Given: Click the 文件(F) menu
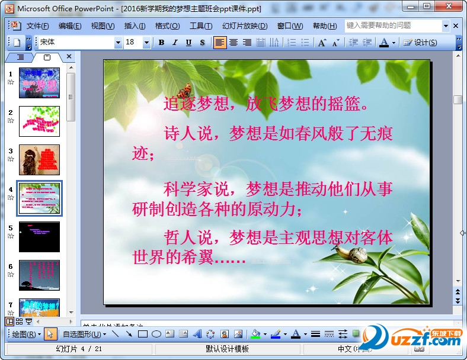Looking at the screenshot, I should coord(37,26).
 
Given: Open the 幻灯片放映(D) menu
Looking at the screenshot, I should coord(244,26).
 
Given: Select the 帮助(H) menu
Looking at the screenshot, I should coord(324,26).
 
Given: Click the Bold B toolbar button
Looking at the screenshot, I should coord(162,43).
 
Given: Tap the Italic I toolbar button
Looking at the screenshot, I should coord(175,43).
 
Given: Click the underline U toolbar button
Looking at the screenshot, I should coord(188,43).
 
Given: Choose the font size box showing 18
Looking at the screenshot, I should coord(134,43).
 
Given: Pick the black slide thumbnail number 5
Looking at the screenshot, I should coord(39,237).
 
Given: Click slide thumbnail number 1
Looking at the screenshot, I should coord(39,83).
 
